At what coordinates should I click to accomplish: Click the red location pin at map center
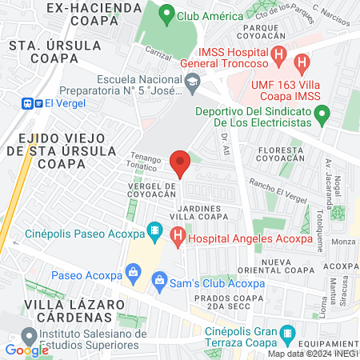click(x=180, y=163)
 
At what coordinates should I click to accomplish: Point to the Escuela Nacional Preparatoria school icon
click(x=192, y=80)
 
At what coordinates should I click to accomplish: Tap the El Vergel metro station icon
click(x=31, y=102)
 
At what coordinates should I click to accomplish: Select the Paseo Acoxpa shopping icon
click(x=130, y=275)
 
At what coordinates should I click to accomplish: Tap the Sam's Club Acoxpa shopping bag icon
click(x=159, y=279)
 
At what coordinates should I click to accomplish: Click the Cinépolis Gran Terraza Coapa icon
click(x=289, y=333)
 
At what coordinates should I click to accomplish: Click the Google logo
click(x=26, y=350)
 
